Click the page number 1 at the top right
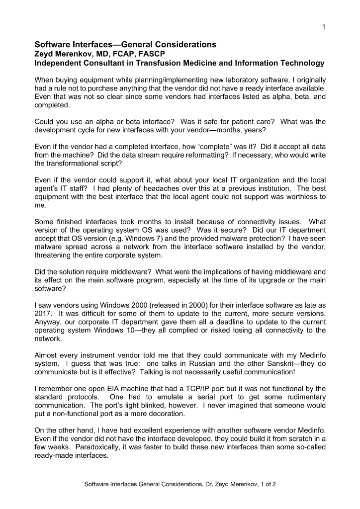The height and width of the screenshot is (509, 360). [x=324, y=27]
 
